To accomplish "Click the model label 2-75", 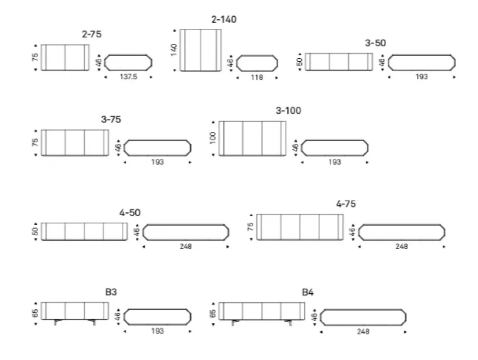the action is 91,34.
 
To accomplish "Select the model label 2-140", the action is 224,19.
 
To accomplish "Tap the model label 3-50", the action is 375,43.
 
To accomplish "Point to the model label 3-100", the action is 288,110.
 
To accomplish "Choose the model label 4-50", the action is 130,212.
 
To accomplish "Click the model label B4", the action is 307,292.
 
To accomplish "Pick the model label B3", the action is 111,292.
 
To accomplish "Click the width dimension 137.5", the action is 128,77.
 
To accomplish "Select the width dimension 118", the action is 257,77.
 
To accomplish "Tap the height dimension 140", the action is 174,50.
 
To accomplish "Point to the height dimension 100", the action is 213,138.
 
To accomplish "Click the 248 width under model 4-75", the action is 402,246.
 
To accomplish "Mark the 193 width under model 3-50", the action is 422,77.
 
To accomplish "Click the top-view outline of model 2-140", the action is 237,64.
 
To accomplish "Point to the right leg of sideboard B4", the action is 289,322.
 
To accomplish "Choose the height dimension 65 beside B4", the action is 213,313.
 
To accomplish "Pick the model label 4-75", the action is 346,204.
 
